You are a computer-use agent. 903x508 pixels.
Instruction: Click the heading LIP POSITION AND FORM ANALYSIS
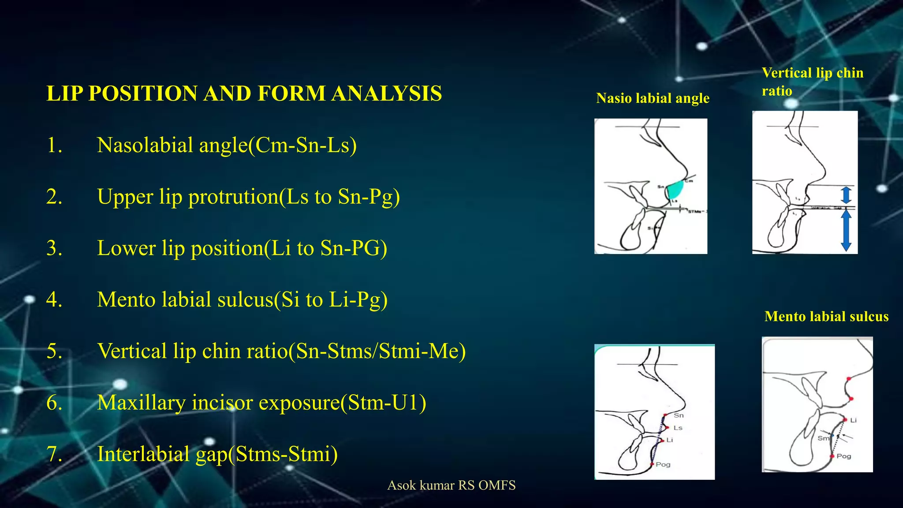coord(244,93)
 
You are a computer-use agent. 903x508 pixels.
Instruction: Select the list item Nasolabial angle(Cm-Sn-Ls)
coord(227,145)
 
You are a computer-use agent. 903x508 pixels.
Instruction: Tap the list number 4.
coord(54,299)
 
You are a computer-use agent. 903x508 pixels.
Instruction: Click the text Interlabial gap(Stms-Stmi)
coord(217,454)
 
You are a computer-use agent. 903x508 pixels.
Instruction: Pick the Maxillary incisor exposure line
coord(261,402)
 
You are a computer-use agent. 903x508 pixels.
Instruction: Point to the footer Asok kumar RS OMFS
coord(451,485)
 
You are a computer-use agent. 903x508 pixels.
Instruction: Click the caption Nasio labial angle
coord(653,98)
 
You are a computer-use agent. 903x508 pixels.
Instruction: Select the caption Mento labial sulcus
coord(826,316)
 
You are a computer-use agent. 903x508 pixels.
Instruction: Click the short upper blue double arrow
coord(846,195)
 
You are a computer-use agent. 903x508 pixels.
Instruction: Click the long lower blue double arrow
coord(846,230)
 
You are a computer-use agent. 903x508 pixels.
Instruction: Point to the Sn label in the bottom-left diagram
coord(679,415)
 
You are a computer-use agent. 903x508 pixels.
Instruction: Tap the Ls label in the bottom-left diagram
coord(678,428)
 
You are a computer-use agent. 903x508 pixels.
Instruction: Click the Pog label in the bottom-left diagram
coord(663,464)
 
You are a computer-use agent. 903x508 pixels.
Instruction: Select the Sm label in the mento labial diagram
coord(823,438)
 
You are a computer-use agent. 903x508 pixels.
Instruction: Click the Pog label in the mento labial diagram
coord(843,456)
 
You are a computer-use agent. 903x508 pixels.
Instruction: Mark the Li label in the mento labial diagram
coord(853,420)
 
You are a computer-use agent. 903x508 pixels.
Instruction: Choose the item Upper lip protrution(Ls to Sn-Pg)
coord(248,197)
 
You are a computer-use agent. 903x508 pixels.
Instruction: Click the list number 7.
coord(54,454)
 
